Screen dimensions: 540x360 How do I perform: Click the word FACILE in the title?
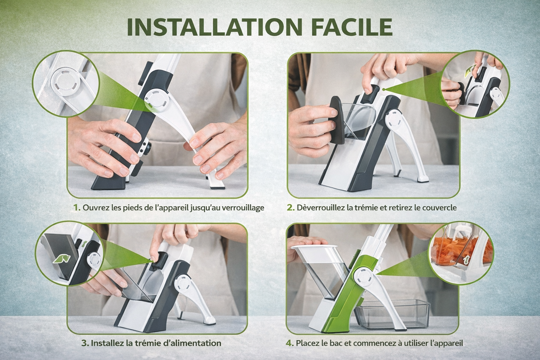coord(352,27)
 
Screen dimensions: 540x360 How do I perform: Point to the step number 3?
coord(85,343)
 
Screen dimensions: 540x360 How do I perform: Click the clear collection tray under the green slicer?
coord(393,314)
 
